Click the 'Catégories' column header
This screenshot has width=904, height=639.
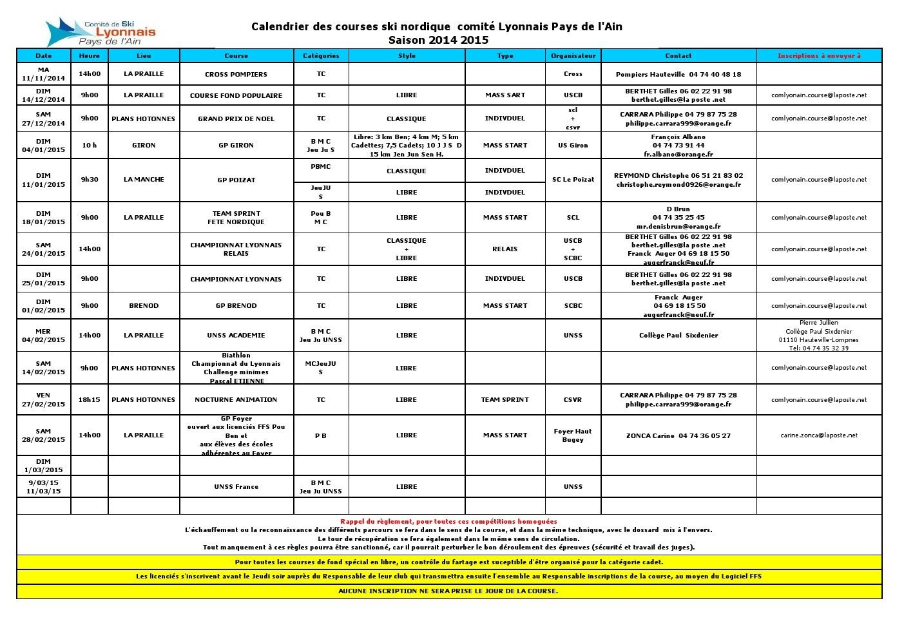(320, 56)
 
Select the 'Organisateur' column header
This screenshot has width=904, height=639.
(573, 56)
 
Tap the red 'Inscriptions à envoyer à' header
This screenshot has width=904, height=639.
(818, 56)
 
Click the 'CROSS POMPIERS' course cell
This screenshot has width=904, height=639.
(236, 74)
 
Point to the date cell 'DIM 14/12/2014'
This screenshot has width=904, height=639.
(43, 95)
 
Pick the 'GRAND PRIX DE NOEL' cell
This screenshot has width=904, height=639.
(236, 119)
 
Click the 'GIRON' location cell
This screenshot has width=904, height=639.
(144, 146)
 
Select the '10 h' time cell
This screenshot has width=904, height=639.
(89, 146)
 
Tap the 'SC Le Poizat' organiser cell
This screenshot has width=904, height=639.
(573, 180)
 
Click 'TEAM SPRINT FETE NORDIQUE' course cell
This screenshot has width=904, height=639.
(236, 218)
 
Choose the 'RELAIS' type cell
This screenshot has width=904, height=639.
(505, 249)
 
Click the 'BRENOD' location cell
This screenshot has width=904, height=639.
(144, 306)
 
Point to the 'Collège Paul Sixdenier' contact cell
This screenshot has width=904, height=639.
(678, 336)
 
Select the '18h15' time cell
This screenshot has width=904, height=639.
(89, 400)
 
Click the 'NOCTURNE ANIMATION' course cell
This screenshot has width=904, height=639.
(236, 400)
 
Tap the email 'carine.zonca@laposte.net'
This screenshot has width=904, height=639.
(818, 435)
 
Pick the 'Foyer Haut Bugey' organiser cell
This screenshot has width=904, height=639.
(573, 435)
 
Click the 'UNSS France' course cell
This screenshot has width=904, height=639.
(236, 487)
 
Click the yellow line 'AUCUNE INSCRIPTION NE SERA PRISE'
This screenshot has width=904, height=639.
(448, 591)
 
